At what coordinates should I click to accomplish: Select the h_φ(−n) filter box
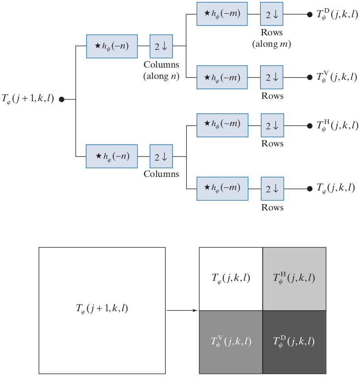pyautogui.click(x=112, y=156)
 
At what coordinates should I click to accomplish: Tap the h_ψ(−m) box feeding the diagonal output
pyautogui.click(x=222, y=14)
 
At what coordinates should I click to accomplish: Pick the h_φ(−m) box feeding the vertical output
pyautogui.click(x=222, y=77)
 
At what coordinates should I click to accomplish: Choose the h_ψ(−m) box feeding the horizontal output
pyautogui.click(x=222, y=125)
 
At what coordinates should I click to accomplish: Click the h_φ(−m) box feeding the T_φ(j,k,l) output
pyautogui.click(x=222, y=188)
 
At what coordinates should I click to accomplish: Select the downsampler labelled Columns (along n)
pyautogui.click(x=161, y=46)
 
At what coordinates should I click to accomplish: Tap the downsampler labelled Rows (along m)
pyautogui.click(x=271, y=14)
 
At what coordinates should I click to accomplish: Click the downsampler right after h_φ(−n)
pyautogui.click(x=161, y=156)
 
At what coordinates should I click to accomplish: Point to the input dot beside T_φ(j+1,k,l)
pyautogui.click(x=62, y=99)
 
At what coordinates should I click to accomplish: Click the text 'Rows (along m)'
pyautogui.click(x=271, y=39)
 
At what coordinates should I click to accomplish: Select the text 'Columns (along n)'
pyautogui.click(x=161, y=70)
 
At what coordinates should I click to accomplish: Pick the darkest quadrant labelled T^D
pyautogui.click(x=294, y=342)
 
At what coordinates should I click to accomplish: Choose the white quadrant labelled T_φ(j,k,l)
pyautogui.click(x=231, y=279)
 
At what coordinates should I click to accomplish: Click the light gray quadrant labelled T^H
pyautogui.click(x=294, y=279)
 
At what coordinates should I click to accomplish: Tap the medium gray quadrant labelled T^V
pyautogui.click(x=231, y=342)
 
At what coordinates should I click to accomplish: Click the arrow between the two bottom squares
pyautogui.click(x=182, y=311)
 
